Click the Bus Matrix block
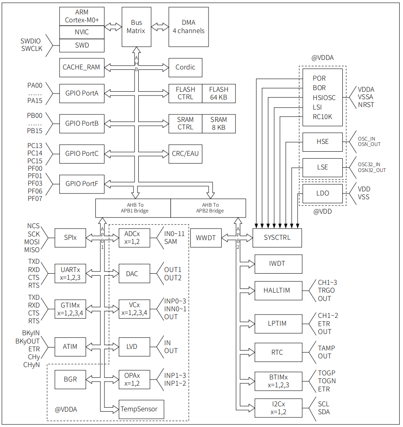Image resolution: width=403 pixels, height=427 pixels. tap(136, 27)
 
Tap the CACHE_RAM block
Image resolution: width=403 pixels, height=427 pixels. tap(81, 67)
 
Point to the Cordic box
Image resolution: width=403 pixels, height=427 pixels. tap(185, 67)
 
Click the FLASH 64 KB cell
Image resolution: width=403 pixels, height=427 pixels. tap(218, 93)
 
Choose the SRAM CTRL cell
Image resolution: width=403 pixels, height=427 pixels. tap(185, 123)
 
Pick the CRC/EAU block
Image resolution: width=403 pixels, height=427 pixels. tap(185, 153)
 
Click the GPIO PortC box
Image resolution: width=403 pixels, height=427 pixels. tap(82, 153)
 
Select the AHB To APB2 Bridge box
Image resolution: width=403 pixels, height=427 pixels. tap(208, 208)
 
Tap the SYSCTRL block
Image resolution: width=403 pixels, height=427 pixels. tap(277, 238)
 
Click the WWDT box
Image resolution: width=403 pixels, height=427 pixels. tap(206, 238)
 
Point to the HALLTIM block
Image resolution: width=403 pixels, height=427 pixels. tap(277, 290)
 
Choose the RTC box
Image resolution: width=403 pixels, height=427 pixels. tap(277, 353)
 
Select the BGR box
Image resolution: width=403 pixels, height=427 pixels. tap(70, 379)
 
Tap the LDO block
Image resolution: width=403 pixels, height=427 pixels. tap(322, 193)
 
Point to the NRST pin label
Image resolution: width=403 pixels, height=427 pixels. tap(366, 105)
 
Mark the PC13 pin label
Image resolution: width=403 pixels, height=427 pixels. tap(35, 146)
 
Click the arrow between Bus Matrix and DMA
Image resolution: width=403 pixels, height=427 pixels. tap(159, 27)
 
